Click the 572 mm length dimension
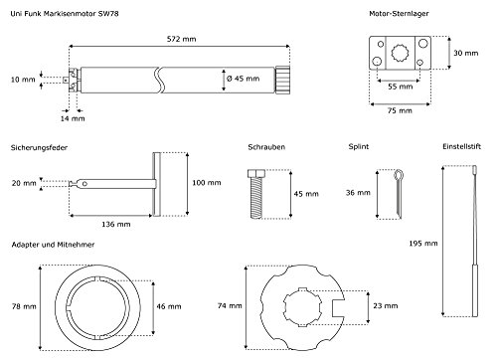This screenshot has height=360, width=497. (x=181, y=39)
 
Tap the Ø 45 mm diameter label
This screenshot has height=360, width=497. (x=243, y=79)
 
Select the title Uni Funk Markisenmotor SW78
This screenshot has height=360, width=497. (x=65, y=14)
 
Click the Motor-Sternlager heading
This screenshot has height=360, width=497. (x=399, y=14)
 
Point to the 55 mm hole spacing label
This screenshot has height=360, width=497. (x=401, y=87)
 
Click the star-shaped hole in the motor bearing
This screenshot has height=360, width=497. (x=400, y=53)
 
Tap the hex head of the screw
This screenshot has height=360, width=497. (x=256, y=173)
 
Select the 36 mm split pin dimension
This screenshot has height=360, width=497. (x=358, y=193)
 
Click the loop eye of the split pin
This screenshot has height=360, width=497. (x=399, y=174)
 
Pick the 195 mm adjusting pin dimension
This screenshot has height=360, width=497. (x=423, y=244)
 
